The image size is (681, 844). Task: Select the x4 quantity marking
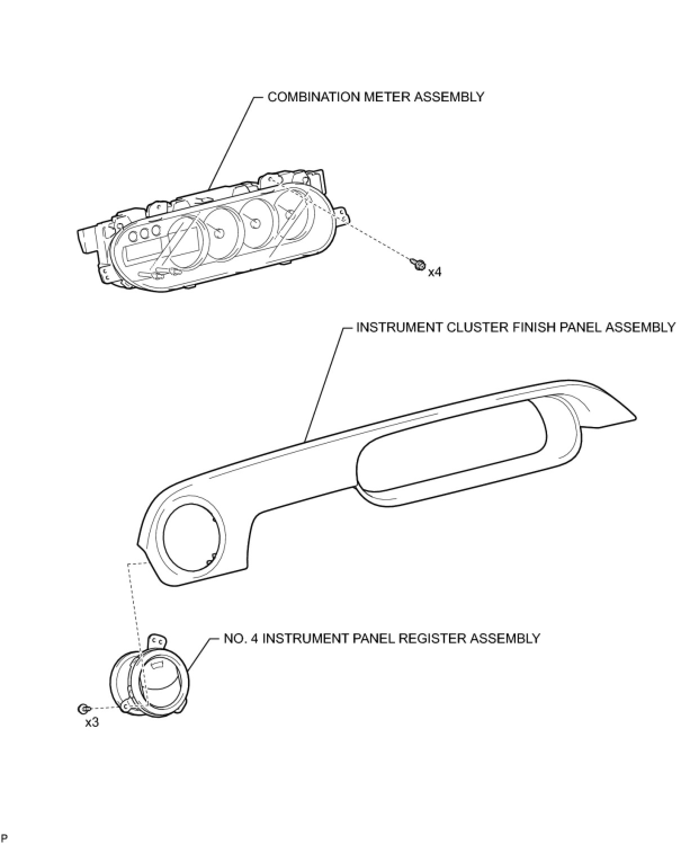coord(434,272)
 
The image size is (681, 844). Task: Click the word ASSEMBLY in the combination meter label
coord(449,97)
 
